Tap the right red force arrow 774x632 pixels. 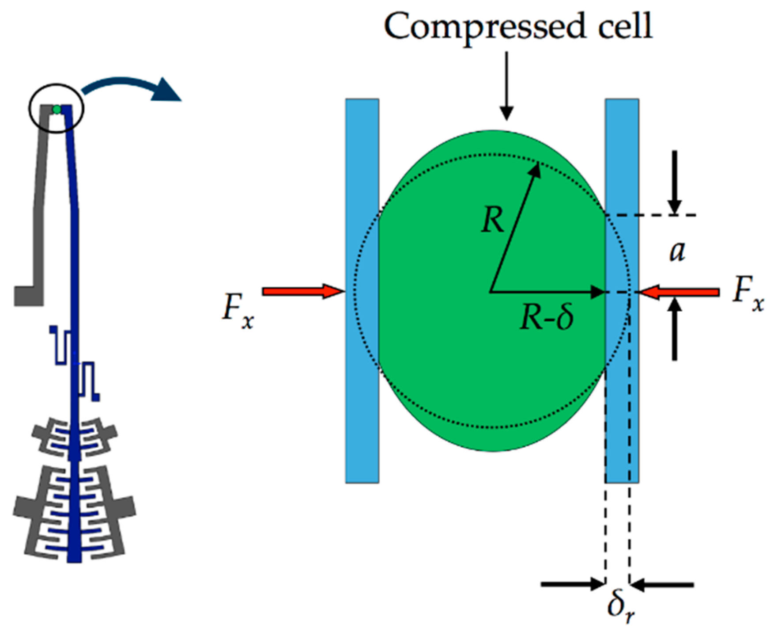click(x=680, y=292)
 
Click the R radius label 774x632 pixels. click(x=492, y=220)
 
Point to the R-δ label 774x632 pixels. click(x=547, y=317)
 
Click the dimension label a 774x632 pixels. click(x=677, y=252)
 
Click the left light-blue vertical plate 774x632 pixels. click(x=362, y=290)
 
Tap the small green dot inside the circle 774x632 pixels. click(x=57, y=109)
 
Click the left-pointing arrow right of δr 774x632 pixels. click(x=662, y=585)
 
